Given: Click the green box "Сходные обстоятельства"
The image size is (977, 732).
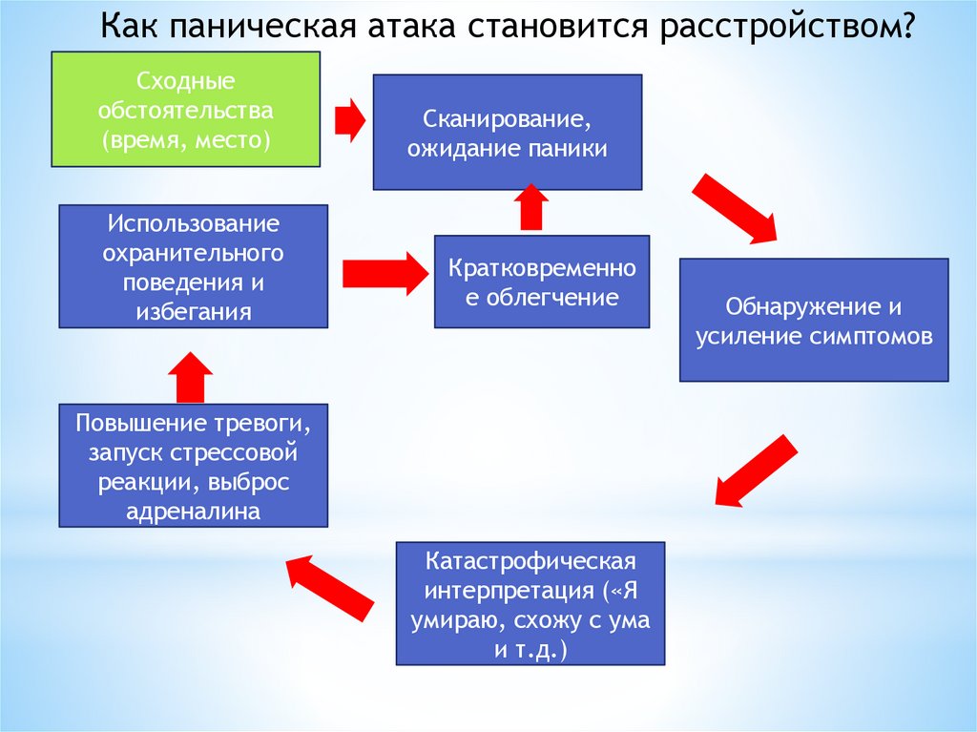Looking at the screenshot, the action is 185,110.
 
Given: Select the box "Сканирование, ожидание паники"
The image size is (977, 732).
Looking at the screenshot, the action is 507,133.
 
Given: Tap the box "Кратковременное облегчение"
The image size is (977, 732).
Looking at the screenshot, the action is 542,282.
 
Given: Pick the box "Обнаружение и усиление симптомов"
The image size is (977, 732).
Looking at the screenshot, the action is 814,321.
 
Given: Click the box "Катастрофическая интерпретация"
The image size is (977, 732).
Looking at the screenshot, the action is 530,603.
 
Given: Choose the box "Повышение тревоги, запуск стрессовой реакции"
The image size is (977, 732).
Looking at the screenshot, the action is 194,466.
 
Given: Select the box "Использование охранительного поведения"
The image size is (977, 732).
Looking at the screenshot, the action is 194,267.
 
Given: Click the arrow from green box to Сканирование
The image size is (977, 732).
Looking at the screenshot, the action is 349,118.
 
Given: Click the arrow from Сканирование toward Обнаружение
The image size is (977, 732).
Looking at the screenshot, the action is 736,209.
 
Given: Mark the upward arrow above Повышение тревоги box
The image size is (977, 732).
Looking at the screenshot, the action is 194,376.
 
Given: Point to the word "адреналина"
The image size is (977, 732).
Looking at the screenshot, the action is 194,511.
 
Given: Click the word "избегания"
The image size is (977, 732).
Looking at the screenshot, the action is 194,311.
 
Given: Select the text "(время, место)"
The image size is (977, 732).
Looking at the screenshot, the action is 187,140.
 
